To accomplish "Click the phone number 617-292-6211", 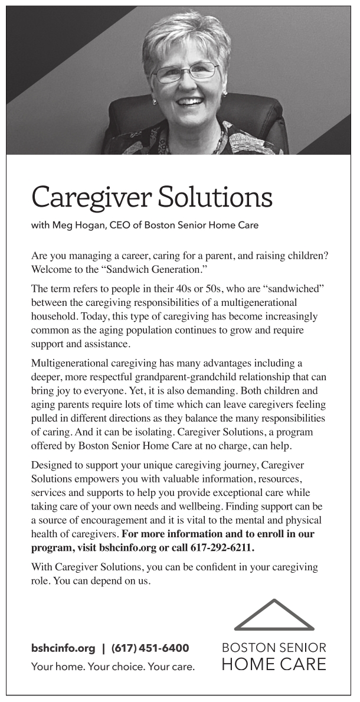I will [x=222, y=548].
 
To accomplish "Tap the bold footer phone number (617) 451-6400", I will [x=150, y=648].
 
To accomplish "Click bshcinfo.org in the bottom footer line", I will [x=63, y=648].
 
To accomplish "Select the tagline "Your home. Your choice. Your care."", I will [x=113, y=667].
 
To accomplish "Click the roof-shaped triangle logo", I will [x=274, y=615].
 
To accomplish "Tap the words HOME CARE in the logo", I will [x=274, y=664].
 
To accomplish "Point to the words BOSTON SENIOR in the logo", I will [x=274, y=648].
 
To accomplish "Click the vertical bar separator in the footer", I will [x=103, y=648].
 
